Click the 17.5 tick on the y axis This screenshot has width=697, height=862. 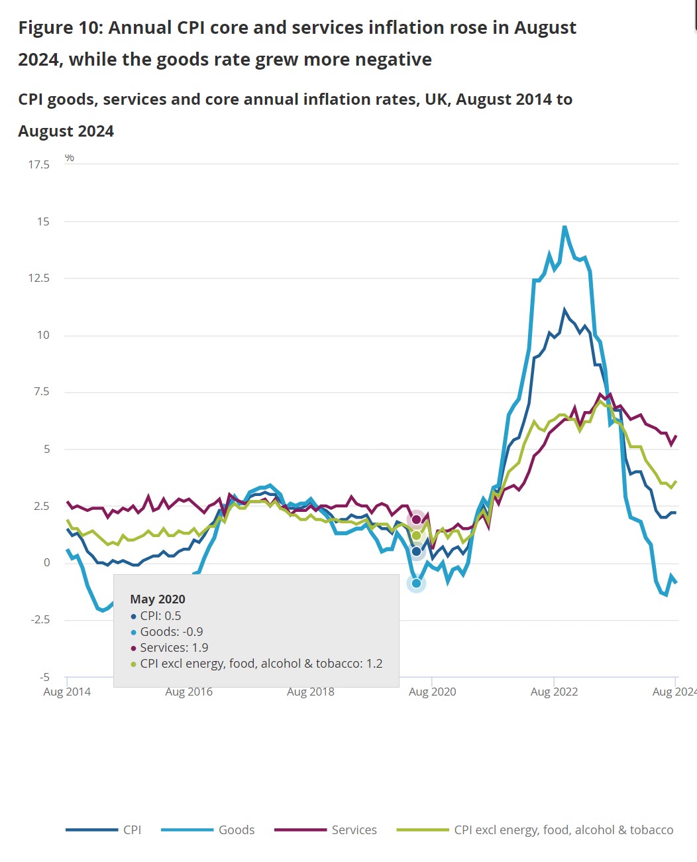(x=38, y=164)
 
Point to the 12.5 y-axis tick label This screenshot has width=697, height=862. (x=38, y=278)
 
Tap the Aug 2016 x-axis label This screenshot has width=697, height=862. (x=189, y=692)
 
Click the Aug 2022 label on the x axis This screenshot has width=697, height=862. (x=554, y=692)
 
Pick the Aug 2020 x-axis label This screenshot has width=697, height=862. (x=432, y=692)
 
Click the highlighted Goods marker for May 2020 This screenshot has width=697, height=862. (x=416, y=584)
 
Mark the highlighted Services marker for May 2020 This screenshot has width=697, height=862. (x=416, y=519)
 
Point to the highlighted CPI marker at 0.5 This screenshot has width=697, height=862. (x=416, y=551)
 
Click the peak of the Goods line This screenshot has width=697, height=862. (x=564, y=227)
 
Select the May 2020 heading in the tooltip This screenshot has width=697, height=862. (x=158, y=599)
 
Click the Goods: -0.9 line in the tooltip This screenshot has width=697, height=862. (x=172, y=632)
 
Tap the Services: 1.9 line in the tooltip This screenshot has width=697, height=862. (x=174, y=648)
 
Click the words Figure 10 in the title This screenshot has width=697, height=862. (x=60, y=28)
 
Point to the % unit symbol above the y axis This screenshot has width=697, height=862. (x=70, y=158)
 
